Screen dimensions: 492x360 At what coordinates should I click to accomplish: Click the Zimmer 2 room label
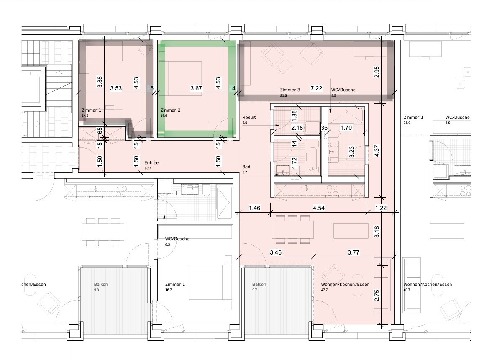click(x=170, y=110)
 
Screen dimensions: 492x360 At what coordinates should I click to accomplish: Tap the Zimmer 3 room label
click(x=290, y=90)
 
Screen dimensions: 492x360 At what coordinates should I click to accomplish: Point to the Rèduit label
click(x=249, y=117)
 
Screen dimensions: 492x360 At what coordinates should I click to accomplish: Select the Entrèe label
click(x=151, y=162)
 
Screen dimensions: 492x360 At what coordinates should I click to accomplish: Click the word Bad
click(x=246, y=167)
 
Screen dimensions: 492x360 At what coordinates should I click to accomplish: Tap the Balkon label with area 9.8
click(x=101, y=285)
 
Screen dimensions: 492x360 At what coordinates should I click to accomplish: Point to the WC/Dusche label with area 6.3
click(x=177, y=239)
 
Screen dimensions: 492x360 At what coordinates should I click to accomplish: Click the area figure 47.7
click(x=324, y=290)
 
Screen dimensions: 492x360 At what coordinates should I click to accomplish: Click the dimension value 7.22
click(x=316, y=88)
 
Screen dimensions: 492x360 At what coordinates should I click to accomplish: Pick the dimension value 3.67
click(x=197, y=88)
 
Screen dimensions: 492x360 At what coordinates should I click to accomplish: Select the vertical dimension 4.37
click(x=377, y=150)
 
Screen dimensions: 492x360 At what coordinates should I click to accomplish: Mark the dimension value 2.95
click(x=377, y=72)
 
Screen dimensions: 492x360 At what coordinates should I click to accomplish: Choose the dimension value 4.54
click(x=319, y=208)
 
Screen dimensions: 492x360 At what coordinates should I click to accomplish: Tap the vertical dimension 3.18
click(x=377, y=231)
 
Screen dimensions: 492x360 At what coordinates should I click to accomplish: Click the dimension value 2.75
click(x=377, y=296)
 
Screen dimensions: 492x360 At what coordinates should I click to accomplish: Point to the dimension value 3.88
click(x=100, y=82)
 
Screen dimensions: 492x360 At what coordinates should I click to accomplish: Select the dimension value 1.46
click(x=254, y=208)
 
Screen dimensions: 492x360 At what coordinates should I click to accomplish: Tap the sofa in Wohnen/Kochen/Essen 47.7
click(x=382, y=285)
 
